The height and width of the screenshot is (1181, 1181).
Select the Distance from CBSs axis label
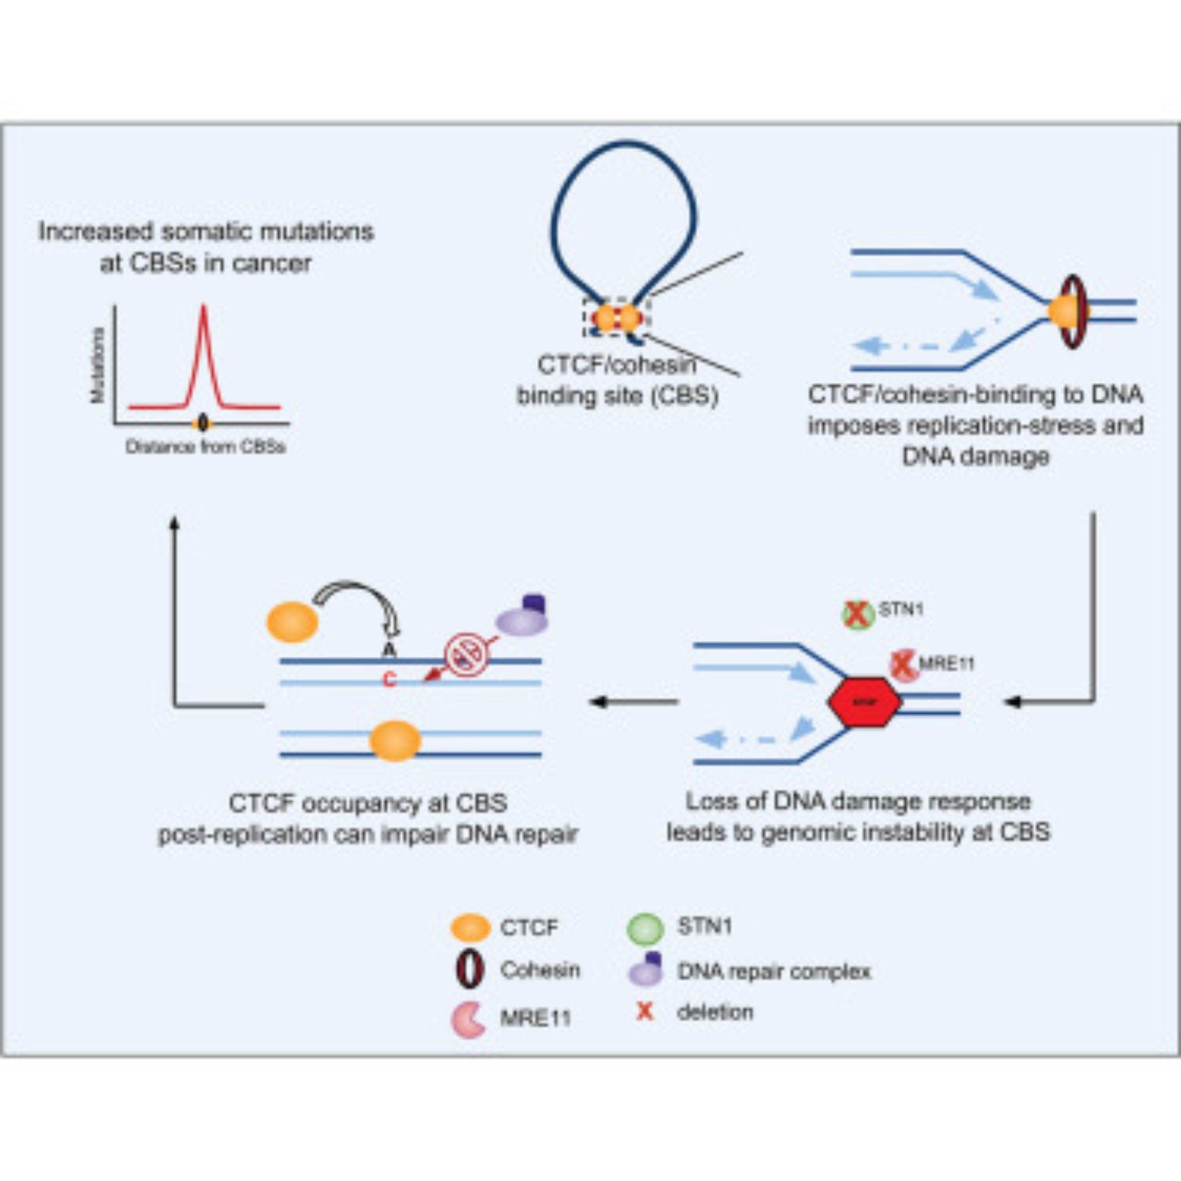click(205, 447)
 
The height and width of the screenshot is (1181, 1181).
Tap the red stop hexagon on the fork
click(864, 702)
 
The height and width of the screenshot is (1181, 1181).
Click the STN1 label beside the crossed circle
click(901, 609)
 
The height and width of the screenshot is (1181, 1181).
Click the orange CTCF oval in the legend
click(470, 927)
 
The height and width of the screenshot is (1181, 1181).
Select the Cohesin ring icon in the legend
click(470, 971)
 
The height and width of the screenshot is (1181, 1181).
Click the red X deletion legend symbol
click(645, 1012)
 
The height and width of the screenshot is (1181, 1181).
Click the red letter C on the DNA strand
click(389, 679)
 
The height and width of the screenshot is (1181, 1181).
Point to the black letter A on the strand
click(389, 650)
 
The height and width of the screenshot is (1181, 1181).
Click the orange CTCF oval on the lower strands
click(395, 741)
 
